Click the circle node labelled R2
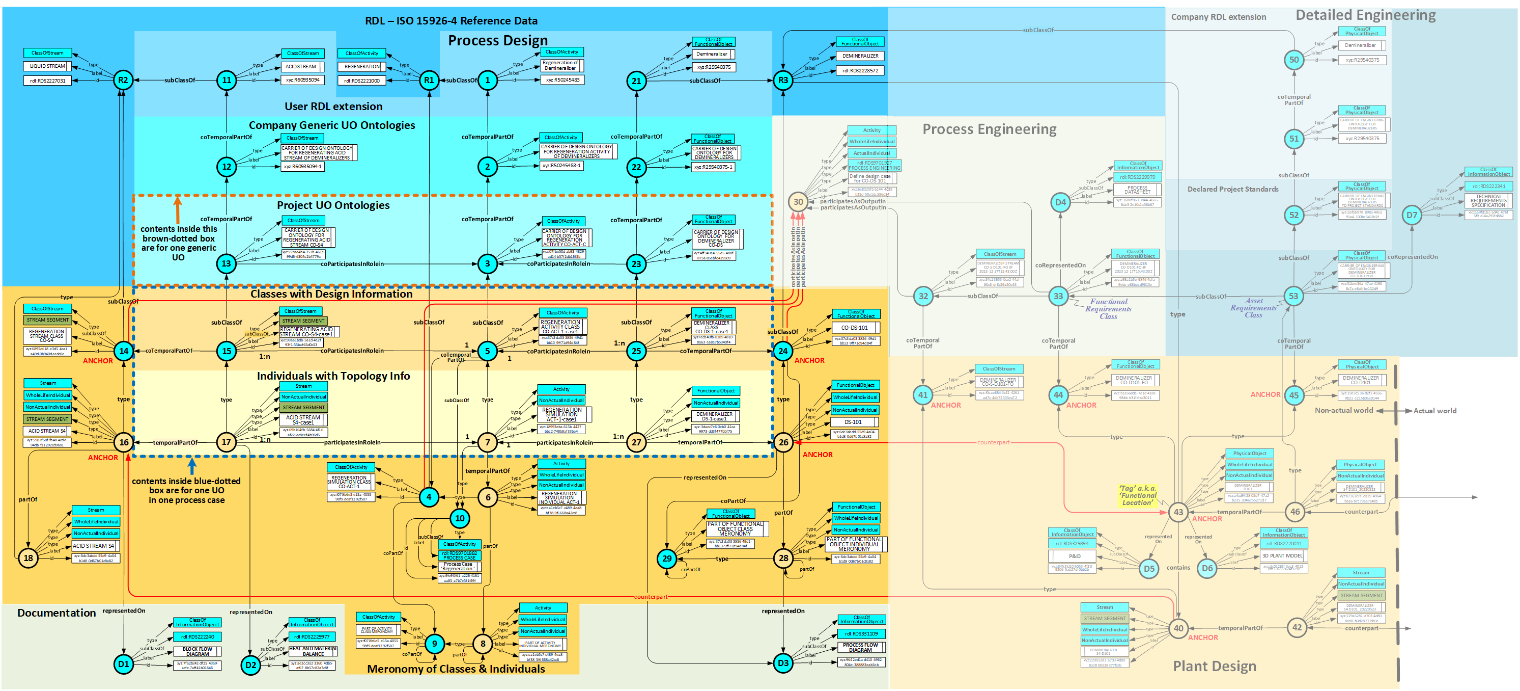click(123, 81)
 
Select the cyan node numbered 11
click(227, 81)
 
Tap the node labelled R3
click(782, 81)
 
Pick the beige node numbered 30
click(798, 202)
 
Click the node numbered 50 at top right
click(1293, 60)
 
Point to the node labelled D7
click(1412, 215)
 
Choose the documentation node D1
click(123, 664)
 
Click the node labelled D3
click(782, 662)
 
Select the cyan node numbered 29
click(666, 558)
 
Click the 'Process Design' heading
click(497, 41)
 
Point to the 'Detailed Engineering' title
click(1365, 15)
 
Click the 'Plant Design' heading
click(1215, 666)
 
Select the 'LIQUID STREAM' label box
click(47, 66)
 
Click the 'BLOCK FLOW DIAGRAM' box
click(197, 651)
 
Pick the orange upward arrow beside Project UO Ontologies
click(177, 209)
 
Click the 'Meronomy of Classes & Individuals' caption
click(456, 669)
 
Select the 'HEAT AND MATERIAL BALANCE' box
click(313, 651)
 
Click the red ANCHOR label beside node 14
click(97, 361)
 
